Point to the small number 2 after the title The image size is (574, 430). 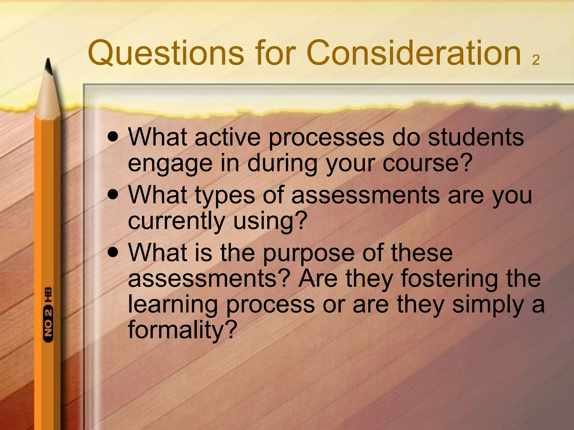click(x=536, y=60)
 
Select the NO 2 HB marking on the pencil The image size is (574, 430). click(x=48, y=314)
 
